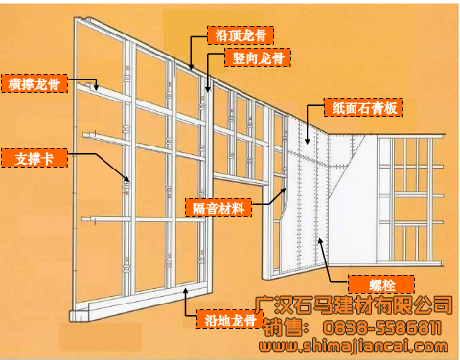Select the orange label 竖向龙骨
(261, 57)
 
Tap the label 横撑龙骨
(34, 84)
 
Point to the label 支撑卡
(34, 157)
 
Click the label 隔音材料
(217, 207)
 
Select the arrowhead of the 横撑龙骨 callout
(100, 91)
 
